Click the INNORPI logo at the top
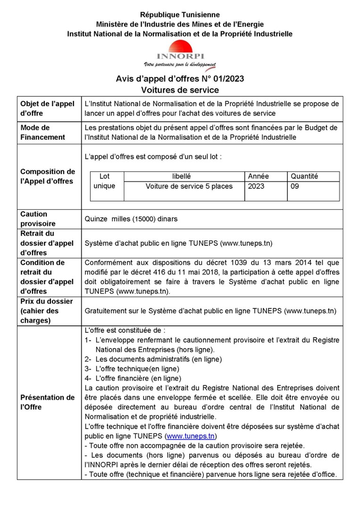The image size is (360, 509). (180, 51)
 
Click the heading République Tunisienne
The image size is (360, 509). (180, 15)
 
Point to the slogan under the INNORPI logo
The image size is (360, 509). (180, 64)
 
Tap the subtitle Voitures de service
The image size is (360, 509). (180, 89)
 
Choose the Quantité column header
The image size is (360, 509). (304, 176)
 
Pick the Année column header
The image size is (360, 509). (258, 176)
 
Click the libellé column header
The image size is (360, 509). (182, 176)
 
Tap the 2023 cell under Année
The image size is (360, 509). (256, 186)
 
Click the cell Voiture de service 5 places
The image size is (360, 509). (189, 186)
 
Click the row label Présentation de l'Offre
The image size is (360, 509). (47, 402)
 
